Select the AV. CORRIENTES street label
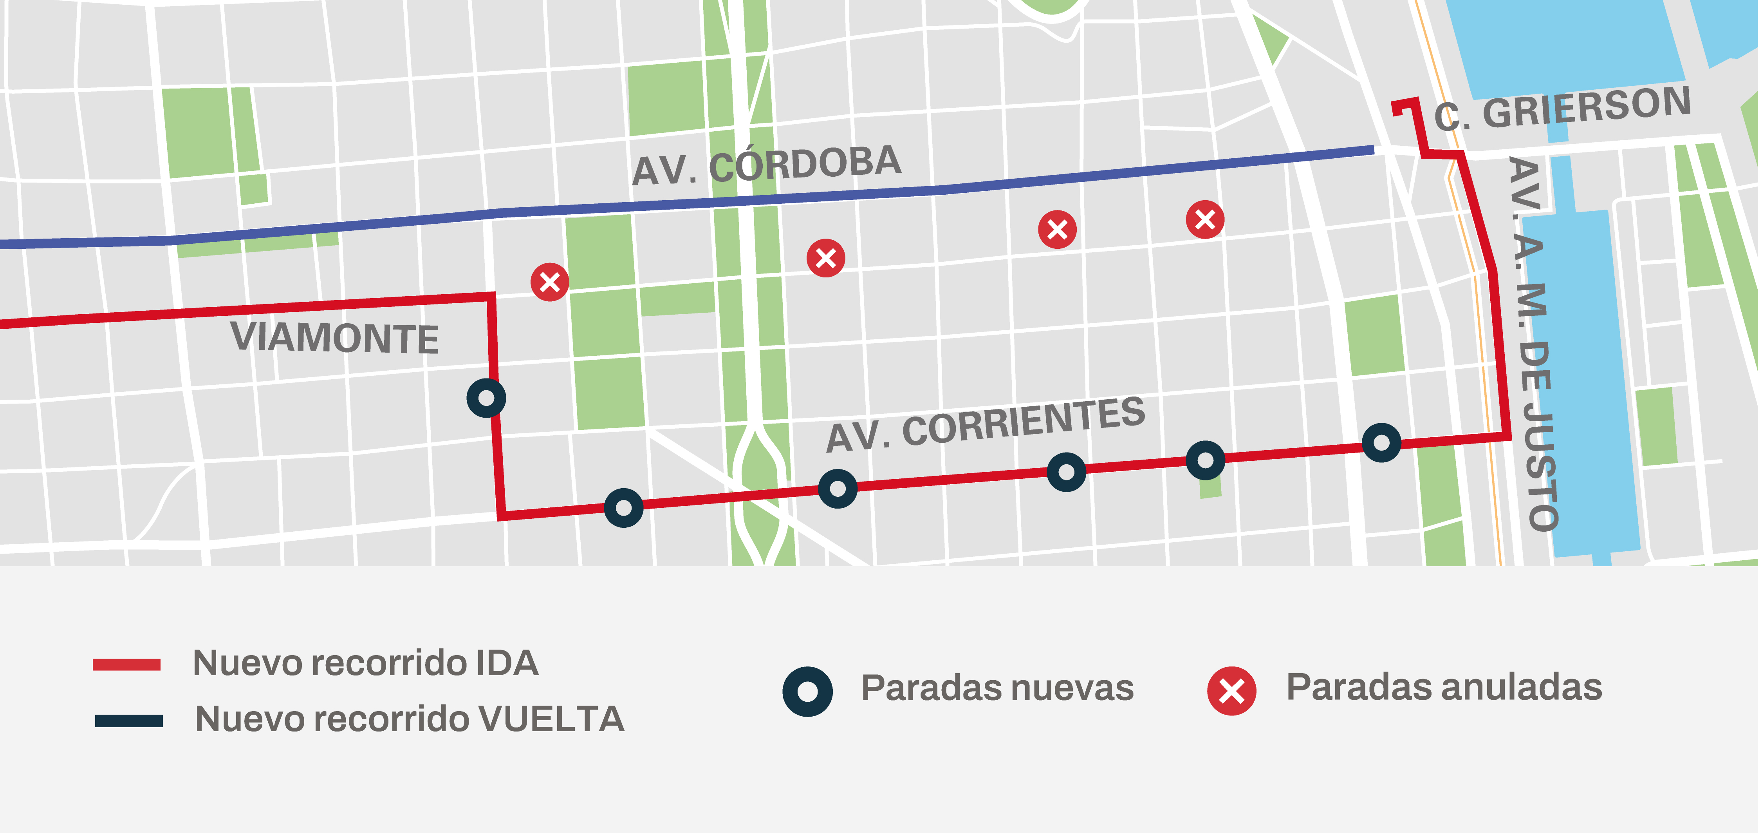coord(985,424)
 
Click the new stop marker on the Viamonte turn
coord(486,398)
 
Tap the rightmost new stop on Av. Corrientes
coord(1381,443)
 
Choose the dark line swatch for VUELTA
coord(128,721)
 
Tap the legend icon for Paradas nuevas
coord(807,691)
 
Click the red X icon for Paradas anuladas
coord(1231,691)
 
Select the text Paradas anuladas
coord(1443,687)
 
